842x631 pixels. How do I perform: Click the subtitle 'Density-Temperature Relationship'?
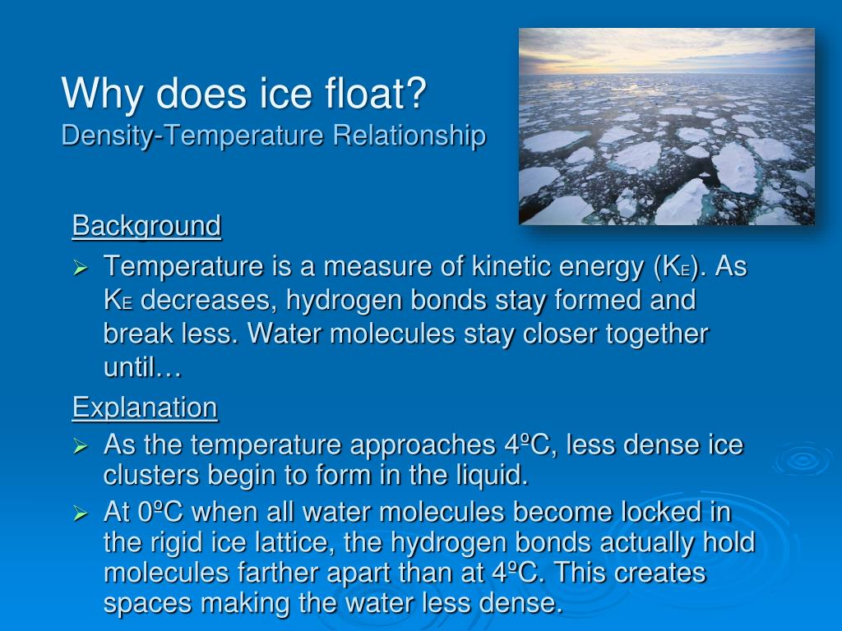pyautogui.click(x=273, y=135)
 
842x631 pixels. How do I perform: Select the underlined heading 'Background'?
pyautogui.click(x=146, y=225)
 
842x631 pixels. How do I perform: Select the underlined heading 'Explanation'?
pyautogui.click(x=145, y=407)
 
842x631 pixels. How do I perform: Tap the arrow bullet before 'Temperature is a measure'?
pyautogui.click(x=80, y=267)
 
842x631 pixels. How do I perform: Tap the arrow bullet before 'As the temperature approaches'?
pyautogui.click(x=80, y=446)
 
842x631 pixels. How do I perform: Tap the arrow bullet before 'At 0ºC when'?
pyautogui.click(x=80, y=514)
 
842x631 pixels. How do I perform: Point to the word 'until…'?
pyautogui.click(x=142, y=368)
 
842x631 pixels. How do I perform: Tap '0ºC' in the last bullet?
pyautogui.click(x=160, y=513)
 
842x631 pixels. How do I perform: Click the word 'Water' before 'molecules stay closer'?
pyautogui.click(x=285, y=334)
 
